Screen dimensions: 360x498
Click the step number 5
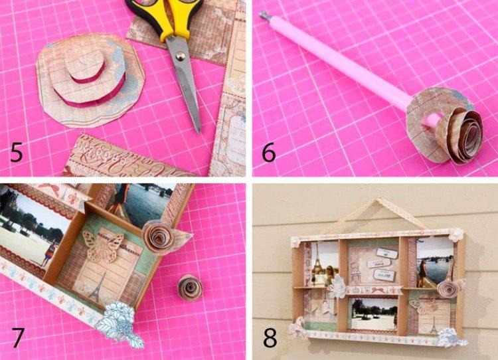tap(17, 153)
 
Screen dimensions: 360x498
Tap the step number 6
tap(269, 153)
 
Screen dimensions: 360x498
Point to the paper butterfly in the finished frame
tap(423, 306)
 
